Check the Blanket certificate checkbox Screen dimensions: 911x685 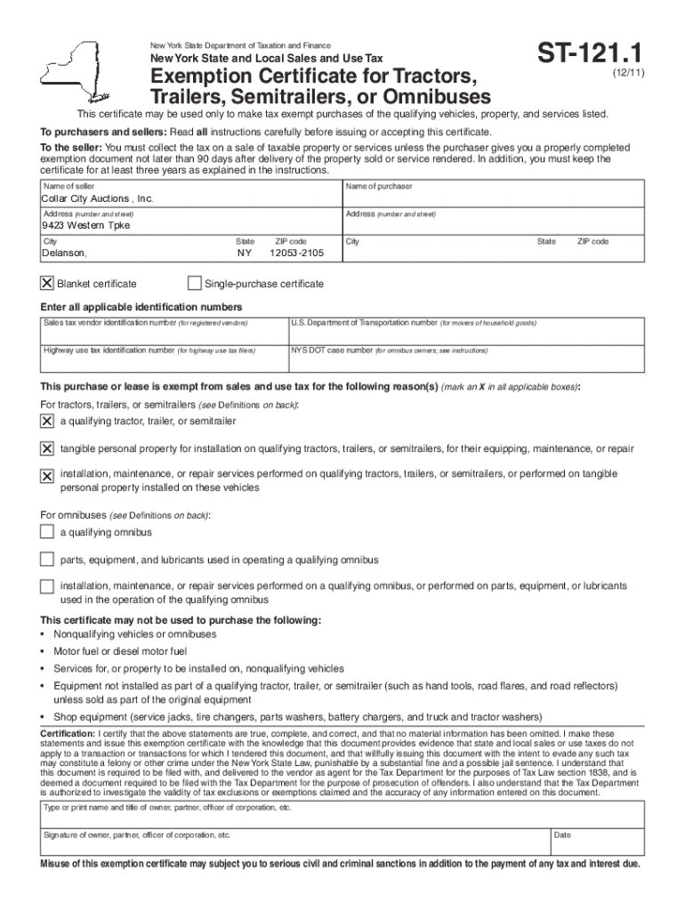pyautogui.click(x=47, y=284)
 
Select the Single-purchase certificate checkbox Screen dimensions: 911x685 pyautogui.click(x=195, y=284)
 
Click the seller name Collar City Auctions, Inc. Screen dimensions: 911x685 pyautogui.click(x=97, y=198)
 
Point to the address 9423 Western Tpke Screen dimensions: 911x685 pyautogui.click(x=85, y=226)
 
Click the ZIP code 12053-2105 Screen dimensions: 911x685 pyautogui.click(x=296, y=254)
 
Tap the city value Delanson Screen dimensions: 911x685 pyautogui.click(x=65, y=254)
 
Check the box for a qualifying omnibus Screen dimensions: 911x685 pyautogui.click(x=47, y=532)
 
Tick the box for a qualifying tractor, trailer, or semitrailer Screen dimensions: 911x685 pyautogui.click(x=47, y=421)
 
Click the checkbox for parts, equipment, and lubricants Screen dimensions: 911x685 pyautogui.click(x=47, y=560)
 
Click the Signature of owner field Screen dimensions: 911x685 pyautogui.click(x=294, y=847)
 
